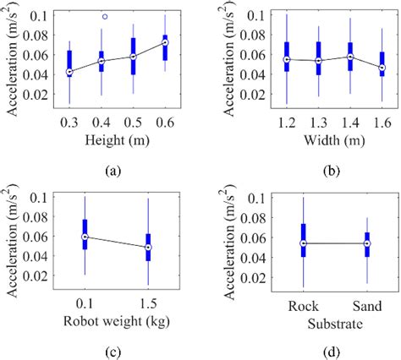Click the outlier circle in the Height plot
pos(105,16)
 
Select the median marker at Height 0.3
pos(69,72)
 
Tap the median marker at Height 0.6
pos(165,42)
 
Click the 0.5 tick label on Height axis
pos(133,123)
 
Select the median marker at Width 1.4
pos(350,57)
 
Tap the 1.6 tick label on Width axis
pos(382,123)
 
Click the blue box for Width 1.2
pos(287,55)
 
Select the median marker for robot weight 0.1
pos(85,237)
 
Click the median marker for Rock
pos(304,243)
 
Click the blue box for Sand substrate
pos(367,242)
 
